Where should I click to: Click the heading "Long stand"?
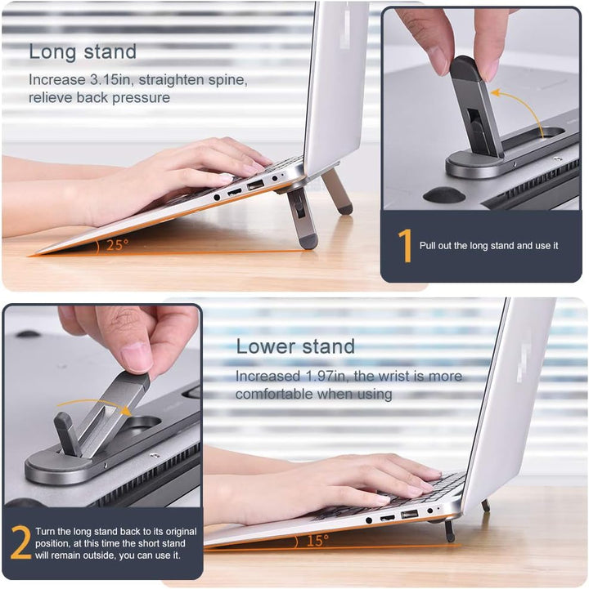click(x=83, y=51)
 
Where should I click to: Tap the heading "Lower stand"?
click(x=295, y=346)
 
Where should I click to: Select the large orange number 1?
click(x=404, y=246)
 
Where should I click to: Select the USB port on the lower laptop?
click(x=409, y=515)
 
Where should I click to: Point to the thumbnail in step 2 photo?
click(x=137, y=355)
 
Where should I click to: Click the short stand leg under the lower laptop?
click(x=449, y=530)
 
